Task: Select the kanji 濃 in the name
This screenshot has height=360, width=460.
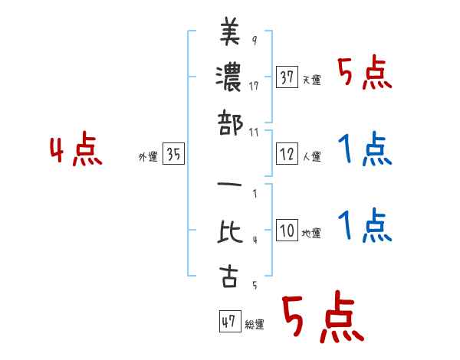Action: (229, 78)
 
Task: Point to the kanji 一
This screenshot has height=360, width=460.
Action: (229, 188)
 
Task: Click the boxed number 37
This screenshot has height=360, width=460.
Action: (287, 77)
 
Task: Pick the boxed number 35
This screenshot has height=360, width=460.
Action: (173, 155)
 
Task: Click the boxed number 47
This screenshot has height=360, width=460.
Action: (228, 322)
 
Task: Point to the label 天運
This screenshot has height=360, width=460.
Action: (311, 80)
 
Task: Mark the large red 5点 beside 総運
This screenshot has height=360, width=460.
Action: (320, 318)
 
